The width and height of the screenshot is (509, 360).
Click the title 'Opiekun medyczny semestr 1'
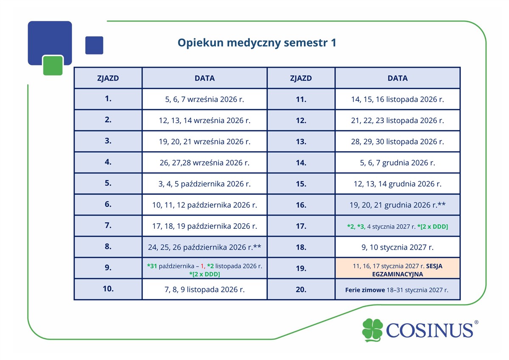pos(257,43)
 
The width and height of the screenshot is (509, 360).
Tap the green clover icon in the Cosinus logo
pos(372,330)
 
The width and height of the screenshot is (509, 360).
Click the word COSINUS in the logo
pos(429,330)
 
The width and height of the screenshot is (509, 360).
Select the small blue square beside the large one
pos(94,45)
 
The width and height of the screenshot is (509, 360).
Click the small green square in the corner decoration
pos(53,65)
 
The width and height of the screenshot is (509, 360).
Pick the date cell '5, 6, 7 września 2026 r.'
pos(204,99)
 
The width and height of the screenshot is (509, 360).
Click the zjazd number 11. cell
pos(301,99)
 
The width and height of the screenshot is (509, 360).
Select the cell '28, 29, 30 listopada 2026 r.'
pos(397,141)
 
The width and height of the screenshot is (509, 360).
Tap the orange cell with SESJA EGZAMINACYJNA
pos(397,268)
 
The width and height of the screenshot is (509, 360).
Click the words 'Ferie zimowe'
pos(365,290)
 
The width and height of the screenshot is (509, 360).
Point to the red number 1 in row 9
pos(202,266)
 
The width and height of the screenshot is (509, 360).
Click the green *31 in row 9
pos(152,266)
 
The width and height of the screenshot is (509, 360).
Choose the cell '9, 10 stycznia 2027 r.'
pos(397,247)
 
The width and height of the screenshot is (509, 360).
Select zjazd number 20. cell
pos(301,289)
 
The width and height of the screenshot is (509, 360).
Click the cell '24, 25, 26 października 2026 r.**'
pos(204,247)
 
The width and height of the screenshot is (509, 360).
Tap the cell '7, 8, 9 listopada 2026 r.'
pos(204,289)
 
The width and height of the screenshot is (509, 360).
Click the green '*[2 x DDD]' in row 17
pos(433,227)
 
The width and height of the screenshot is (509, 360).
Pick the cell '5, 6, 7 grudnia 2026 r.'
pos(397,163)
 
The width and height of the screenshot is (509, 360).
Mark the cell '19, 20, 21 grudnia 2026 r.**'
pos(397,205)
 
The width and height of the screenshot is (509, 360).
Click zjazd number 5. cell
pos(108,184)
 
